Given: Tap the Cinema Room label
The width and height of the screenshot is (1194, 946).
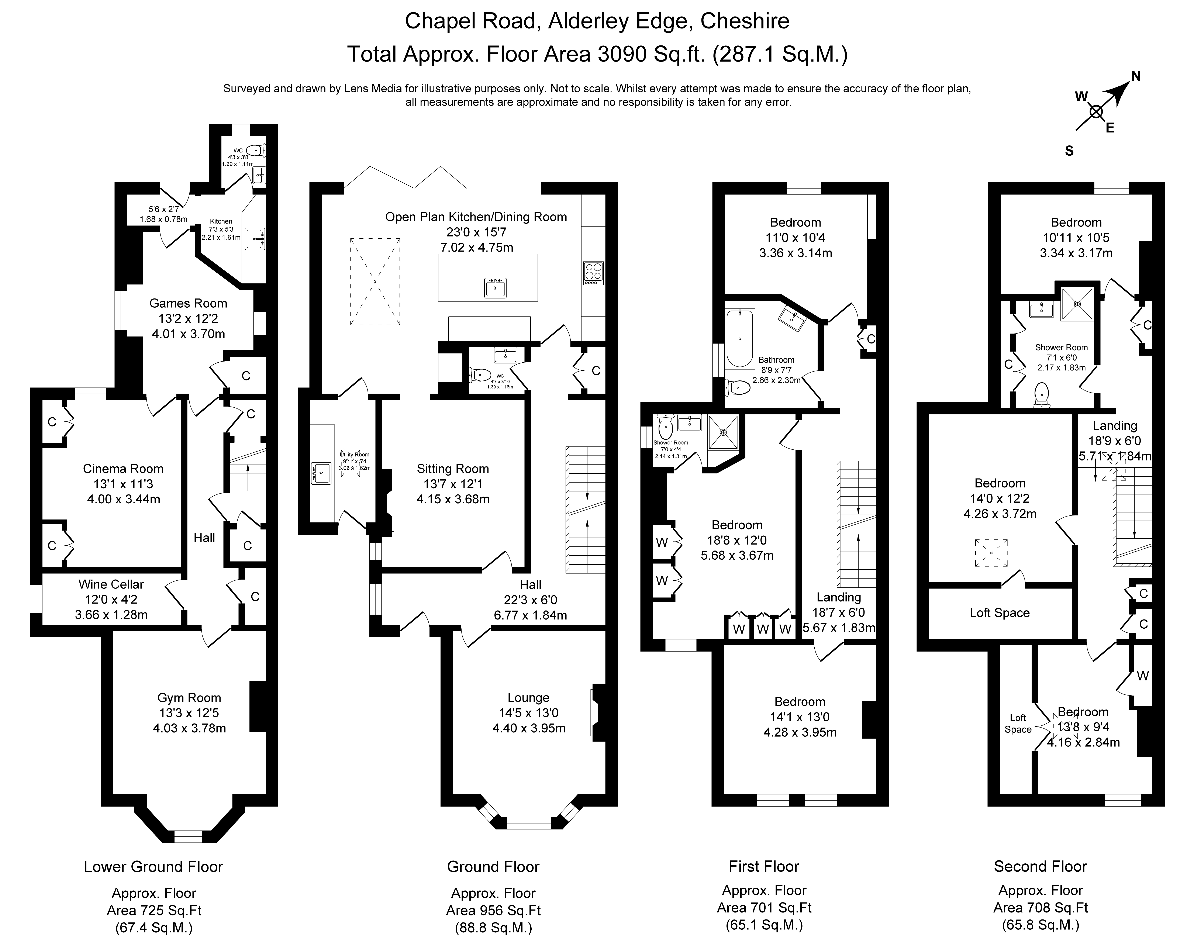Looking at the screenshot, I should tap(123, 469).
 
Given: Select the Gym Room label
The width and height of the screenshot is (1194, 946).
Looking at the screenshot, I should tap(189, 698).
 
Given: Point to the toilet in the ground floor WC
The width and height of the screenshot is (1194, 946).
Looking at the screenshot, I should tap(480, 375).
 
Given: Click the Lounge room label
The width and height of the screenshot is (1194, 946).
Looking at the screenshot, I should tap(528, 698).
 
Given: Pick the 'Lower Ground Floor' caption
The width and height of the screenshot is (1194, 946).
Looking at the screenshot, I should tap(153, 867).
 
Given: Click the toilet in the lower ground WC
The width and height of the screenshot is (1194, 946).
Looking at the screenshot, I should tap(254, 149).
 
